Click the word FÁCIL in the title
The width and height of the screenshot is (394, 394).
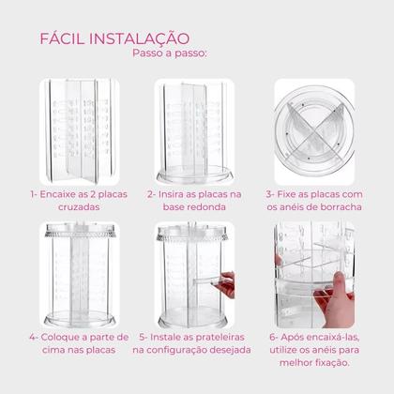(63, 38)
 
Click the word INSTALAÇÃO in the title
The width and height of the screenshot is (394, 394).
(140, 38)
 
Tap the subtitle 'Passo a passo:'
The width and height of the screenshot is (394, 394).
(170, 53)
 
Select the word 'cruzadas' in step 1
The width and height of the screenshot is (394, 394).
(79, 207)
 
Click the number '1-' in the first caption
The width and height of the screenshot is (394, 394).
(34, 194)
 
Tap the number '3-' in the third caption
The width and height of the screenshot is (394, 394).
(270, 194)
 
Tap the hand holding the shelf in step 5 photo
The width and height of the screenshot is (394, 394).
(227, 284)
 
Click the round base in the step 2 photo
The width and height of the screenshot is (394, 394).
(194, 175)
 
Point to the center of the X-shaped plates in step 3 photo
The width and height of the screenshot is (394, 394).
(314, 131)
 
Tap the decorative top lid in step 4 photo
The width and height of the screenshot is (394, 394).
(80, 231)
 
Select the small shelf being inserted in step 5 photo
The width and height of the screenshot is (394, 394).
(207, 280)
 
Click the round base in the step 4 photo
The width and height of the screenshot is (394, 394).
(80, 319)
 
